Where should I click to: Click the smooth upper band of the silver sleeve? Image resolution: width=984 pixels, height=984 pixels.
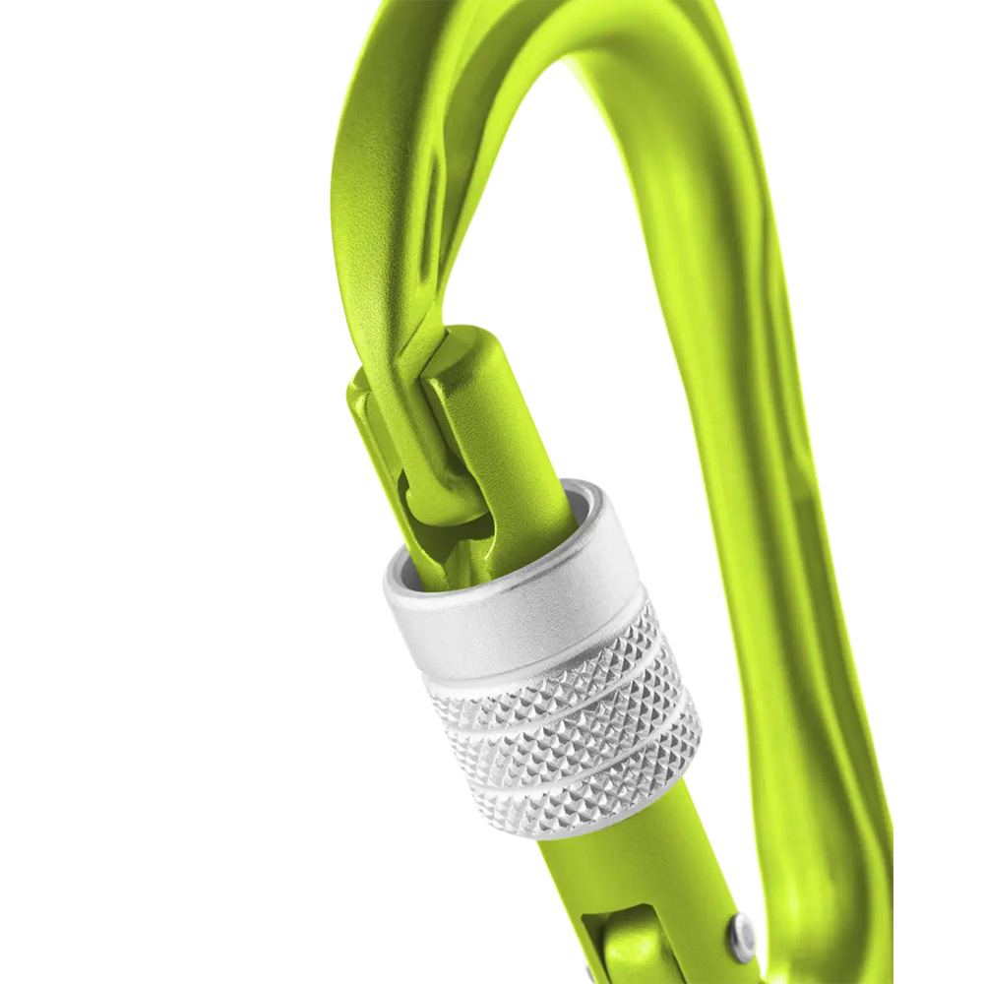point(512,610)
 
